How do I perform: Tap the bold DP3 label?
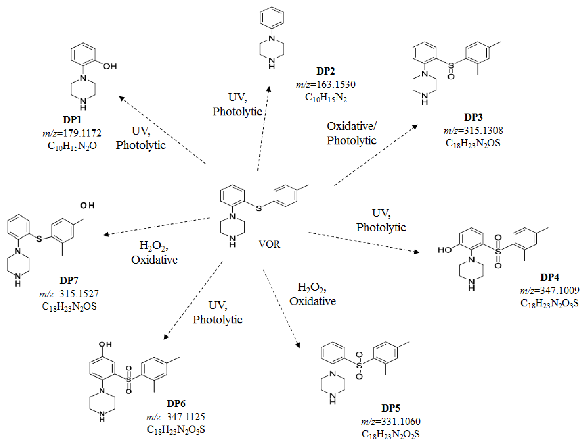473,117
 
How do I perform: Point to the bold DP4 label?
549,277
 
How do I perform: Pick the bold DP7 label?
69,280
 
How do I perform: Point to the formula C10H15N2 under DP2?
326,97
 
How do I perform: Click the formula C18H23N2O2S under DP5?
391,434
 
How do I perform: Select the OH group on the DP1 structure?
110,66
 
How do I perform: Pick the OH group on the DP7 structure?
87,205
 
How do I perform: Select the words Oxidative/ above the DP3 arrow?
351,126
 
